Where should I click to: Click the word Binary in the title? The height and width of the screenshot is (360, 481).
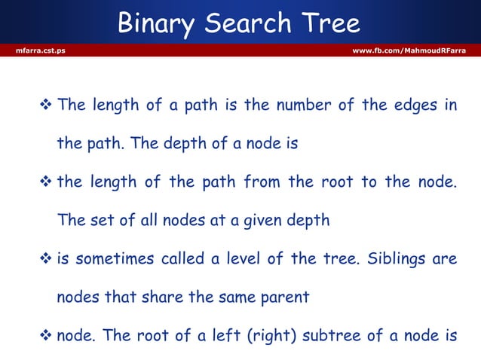153,25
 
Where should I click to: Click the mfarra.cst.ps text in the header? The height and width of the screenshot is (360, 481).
35,50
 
